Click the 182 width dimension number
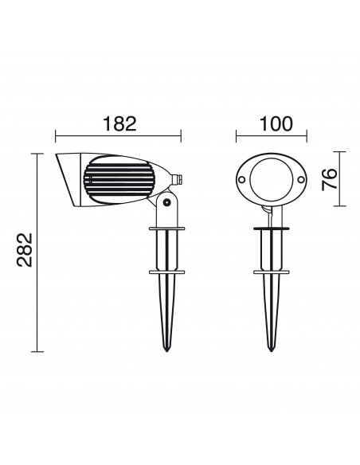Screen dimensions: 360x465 pos(119,123)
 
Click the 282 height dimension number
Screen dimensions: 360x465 pos(25,250)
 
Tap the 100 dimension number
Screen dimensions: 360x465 pos(276,123)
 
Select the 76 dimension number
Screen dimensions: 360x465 pos(330,179)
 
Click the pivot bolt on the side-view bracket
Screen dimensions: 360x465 pos(166,202)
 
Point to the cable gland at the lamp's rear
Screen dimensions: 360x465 pos(178,179)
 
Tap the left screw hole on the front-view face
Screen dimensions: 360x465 pos(241,179)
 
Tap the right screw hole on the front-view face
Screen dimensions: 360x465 pos(301,179)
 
